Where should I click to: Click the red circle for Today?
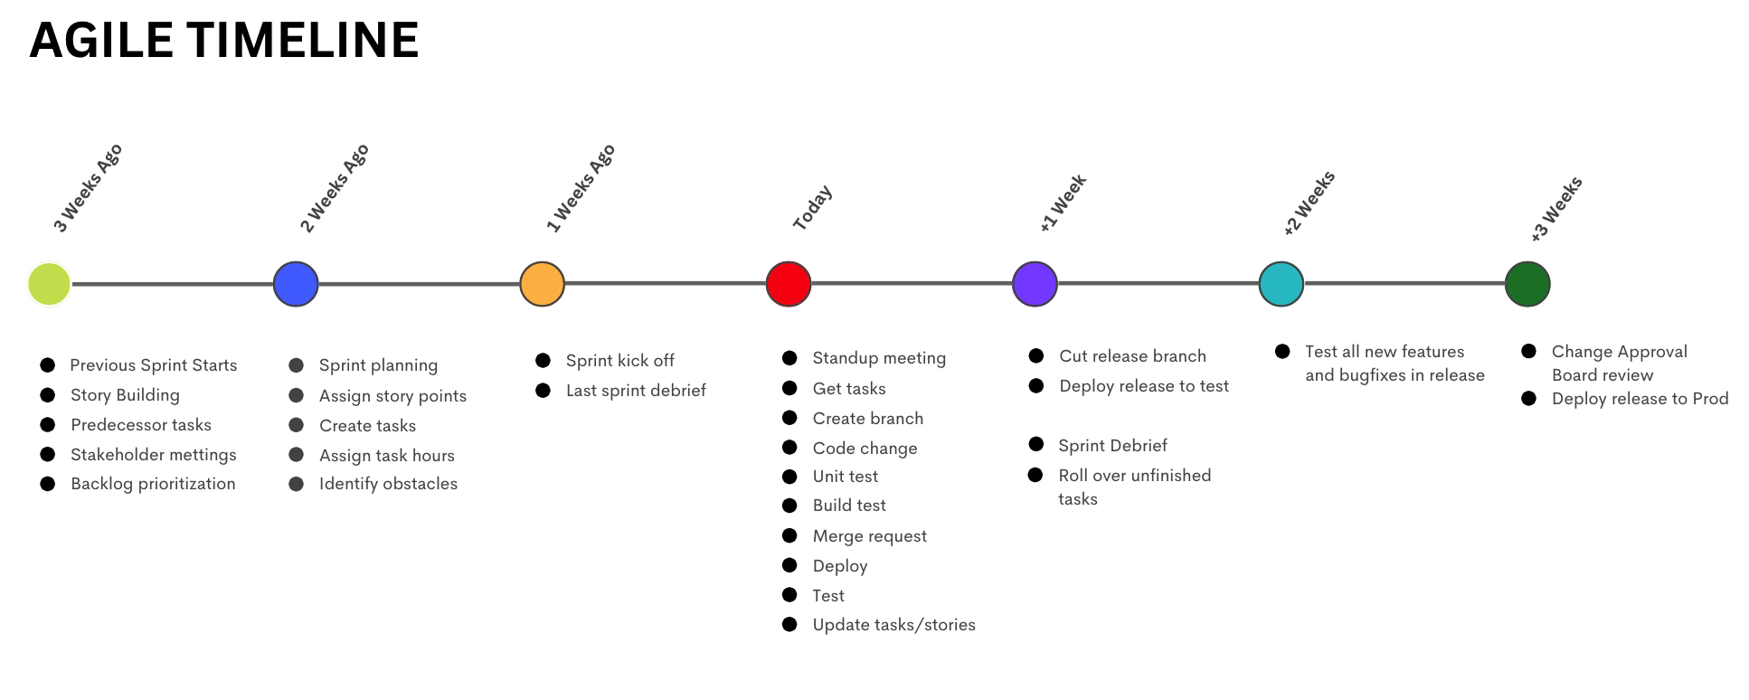point(788,284)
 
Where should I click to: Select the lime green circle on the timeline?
point(49,284)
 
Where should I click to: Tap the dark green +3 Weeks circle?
point(1527,284)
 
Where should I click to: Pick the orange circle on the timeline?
point(542,284)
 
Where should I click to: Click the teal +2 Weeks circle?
point(1281,284)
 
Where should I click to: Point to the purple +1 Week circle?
point(1035,284)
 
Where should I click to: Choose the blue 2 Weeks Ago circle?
point(296,284)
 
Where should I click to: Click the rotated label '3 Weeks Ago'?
point(88,188)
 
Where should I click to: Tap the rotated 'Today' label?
point(812,208)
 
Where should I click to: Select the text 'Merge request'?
point(869,536)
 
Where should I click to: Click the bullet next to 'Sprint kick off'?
point(543,360)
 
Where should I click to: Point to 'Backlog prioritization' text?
point(153,484)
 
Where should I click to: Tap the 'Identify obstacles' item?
point(388,484)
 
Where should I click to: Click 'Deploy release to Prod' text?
point(1640,399)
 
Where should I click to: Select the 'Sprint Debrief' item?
point(1112,446)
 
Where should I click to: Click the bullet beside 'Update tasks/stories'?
point(789,624)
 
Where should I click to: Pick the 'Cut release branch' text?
point(1132,356)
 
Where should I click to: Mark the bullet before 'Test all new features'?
point(1282,351)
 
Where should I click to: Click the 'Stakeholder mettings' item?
point(153,455)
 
